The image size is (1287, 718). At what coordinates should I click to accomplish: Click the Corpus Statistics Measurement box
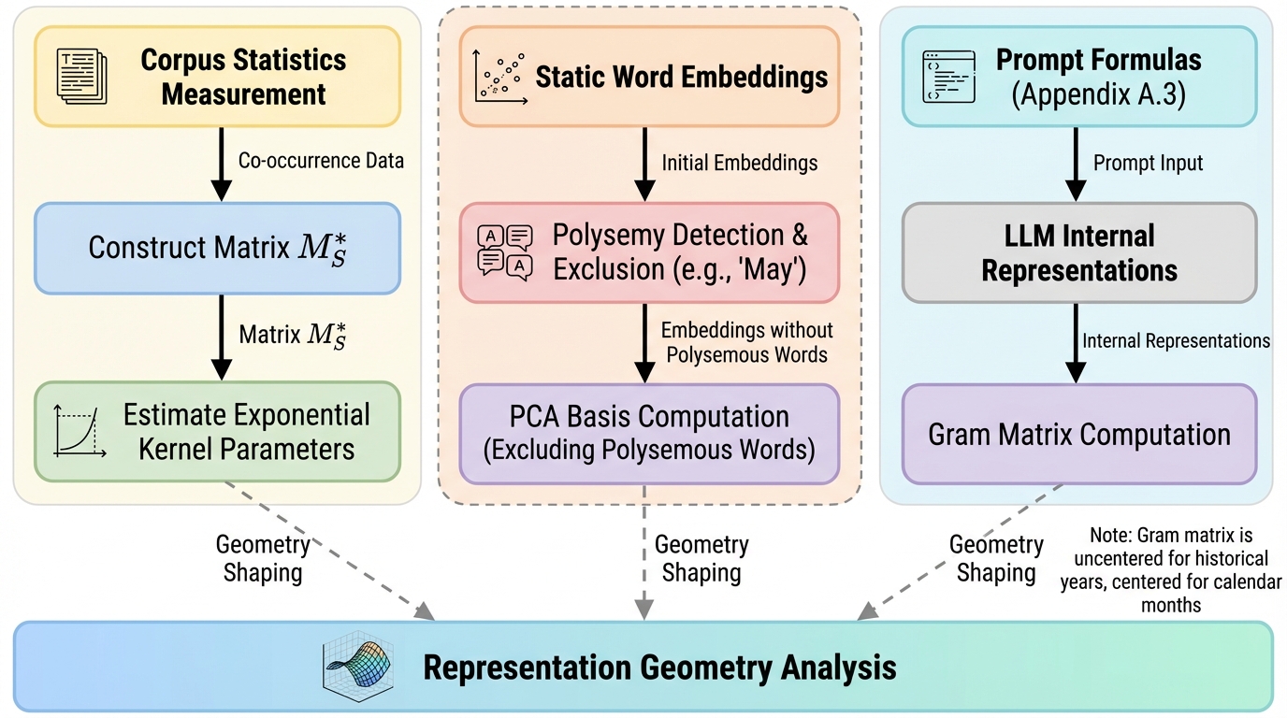217,77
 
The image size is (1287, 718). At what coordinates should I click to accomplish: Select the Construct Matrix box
217,248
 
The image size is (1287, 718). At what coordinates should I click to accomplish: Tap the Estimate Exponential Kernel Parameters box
217,432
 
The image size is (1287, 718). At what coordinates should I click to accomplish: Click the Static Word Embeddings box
649,77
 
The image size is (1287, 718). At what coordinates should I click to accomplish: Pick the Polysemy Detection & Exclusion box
649,252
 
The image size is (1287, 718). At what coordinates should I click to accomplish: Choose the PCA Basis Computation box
649,433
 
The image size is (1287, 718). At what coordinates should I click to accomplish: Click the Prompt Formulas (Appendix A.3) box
1078,77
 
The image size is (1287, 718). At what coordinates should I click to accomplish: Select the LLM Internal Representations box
1078,252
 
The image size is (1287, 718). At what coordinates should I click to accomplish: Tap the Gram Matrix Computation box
1078,434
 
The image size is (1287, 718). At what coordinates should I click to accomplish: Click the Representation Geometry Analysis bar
643,667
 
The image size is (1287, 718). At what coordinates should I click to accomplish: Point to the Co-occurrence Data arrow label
321,161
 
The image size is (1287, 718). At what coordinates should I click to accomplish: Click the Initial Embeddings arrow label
739,163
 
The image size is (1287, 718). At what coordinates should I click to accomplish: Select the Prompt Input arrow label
1148,163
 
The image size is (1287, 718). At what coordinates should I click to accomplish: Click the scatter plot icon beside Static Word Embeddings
499,75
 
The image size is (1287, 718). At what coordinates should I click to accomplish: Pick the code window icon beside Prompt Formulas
946,76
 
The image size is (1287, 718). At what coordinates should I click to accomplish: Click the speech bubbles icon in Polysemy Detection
505,251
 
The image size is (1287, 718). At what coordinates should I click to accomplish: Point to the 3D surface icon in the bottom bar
354,666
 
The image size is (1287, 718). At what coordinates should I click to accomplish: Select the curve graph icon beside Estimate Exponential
77,431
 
